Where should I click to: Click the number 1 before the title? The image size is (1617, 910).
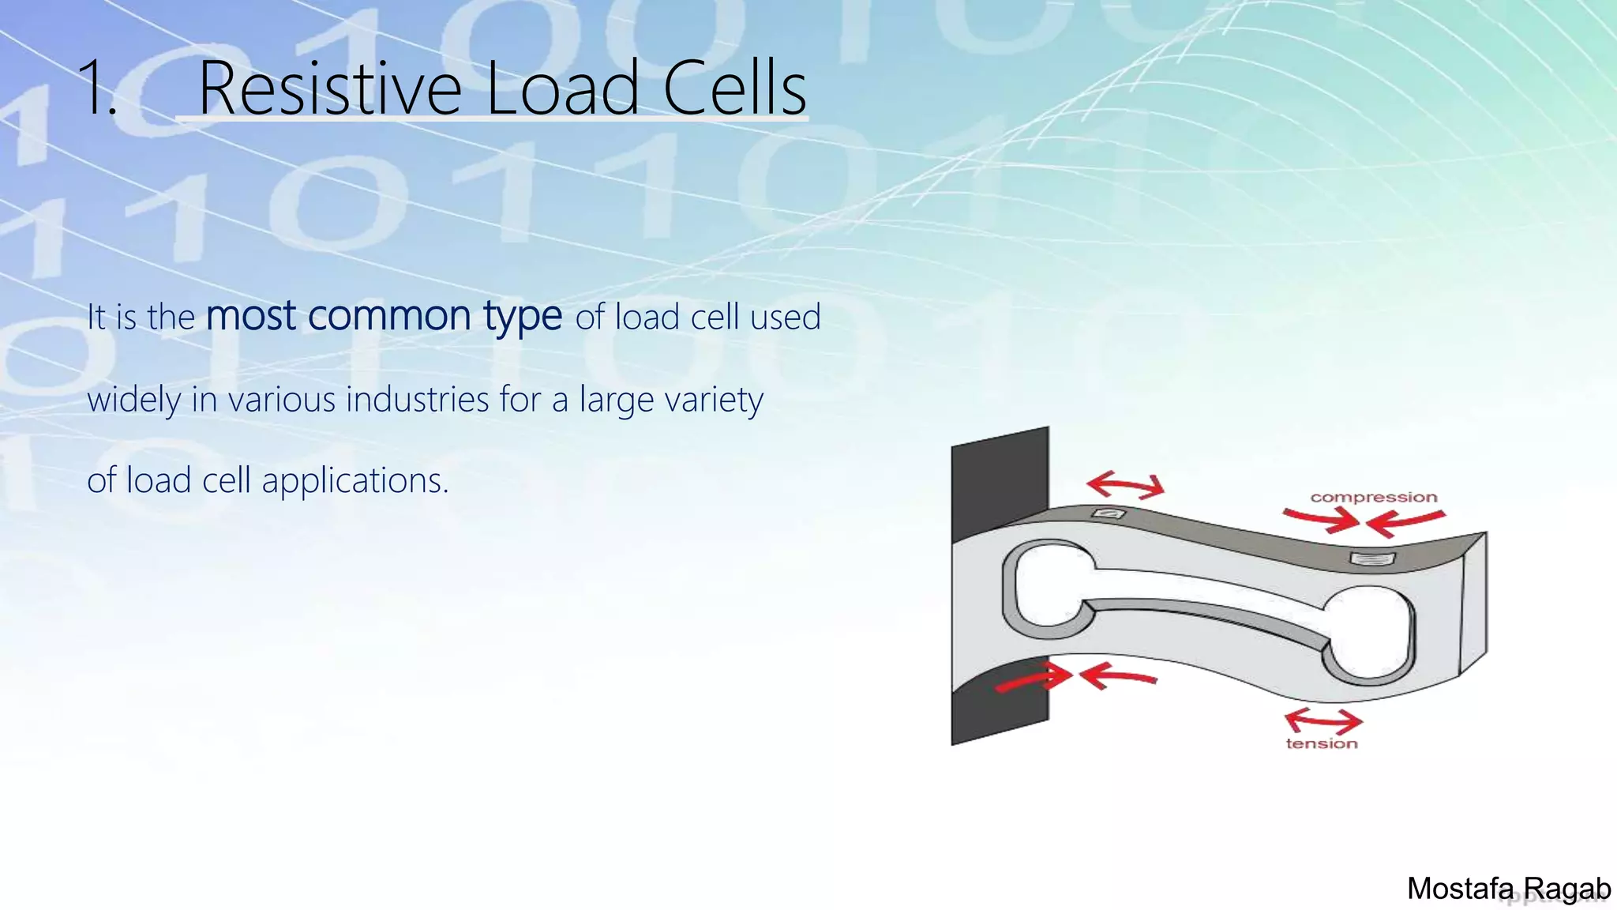96,88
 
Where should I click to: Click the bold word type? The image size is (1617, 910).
523,318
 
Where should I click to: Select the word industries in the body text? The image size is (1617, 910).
418,399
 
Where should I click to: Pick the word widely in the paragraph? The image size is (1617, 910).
134,400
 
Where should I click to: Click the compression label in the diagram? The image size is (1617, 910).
1374,498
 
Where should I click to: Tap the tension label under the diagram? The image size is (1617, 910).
1322,743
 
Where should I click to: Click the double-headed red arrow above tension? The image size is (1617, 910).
1322,720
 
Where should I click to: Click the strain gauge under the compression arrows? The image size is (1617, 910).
1372,559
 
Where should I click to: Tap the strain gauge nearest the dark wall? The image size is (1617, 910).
1108,514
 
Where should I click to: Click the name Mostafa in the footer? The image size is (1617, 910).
1460,889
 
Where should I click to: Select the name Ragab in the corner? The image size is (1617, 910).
1566,889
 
